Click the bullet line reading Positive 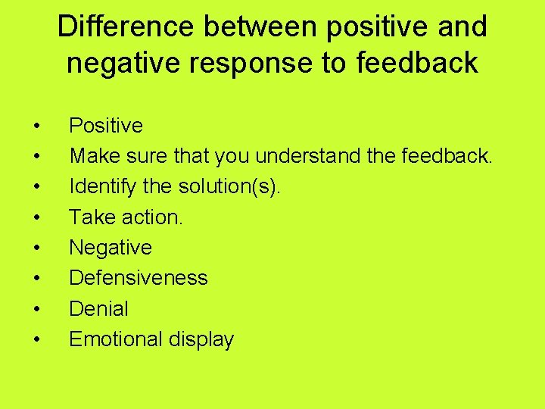[106, 125]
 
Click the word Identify [98, 186]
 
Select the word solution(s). [229, 186]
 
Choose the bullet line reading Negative [111, 247]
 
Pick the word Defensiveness [139, 278]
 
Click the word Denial [99, 308]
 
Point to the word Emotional [115, 339]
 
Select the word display [201, 339]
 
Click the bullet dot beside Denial [37, 310]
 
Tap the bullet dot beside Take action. [37, 218]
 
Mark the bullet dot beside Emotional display [37, 340]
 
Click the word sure [139, 155]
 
